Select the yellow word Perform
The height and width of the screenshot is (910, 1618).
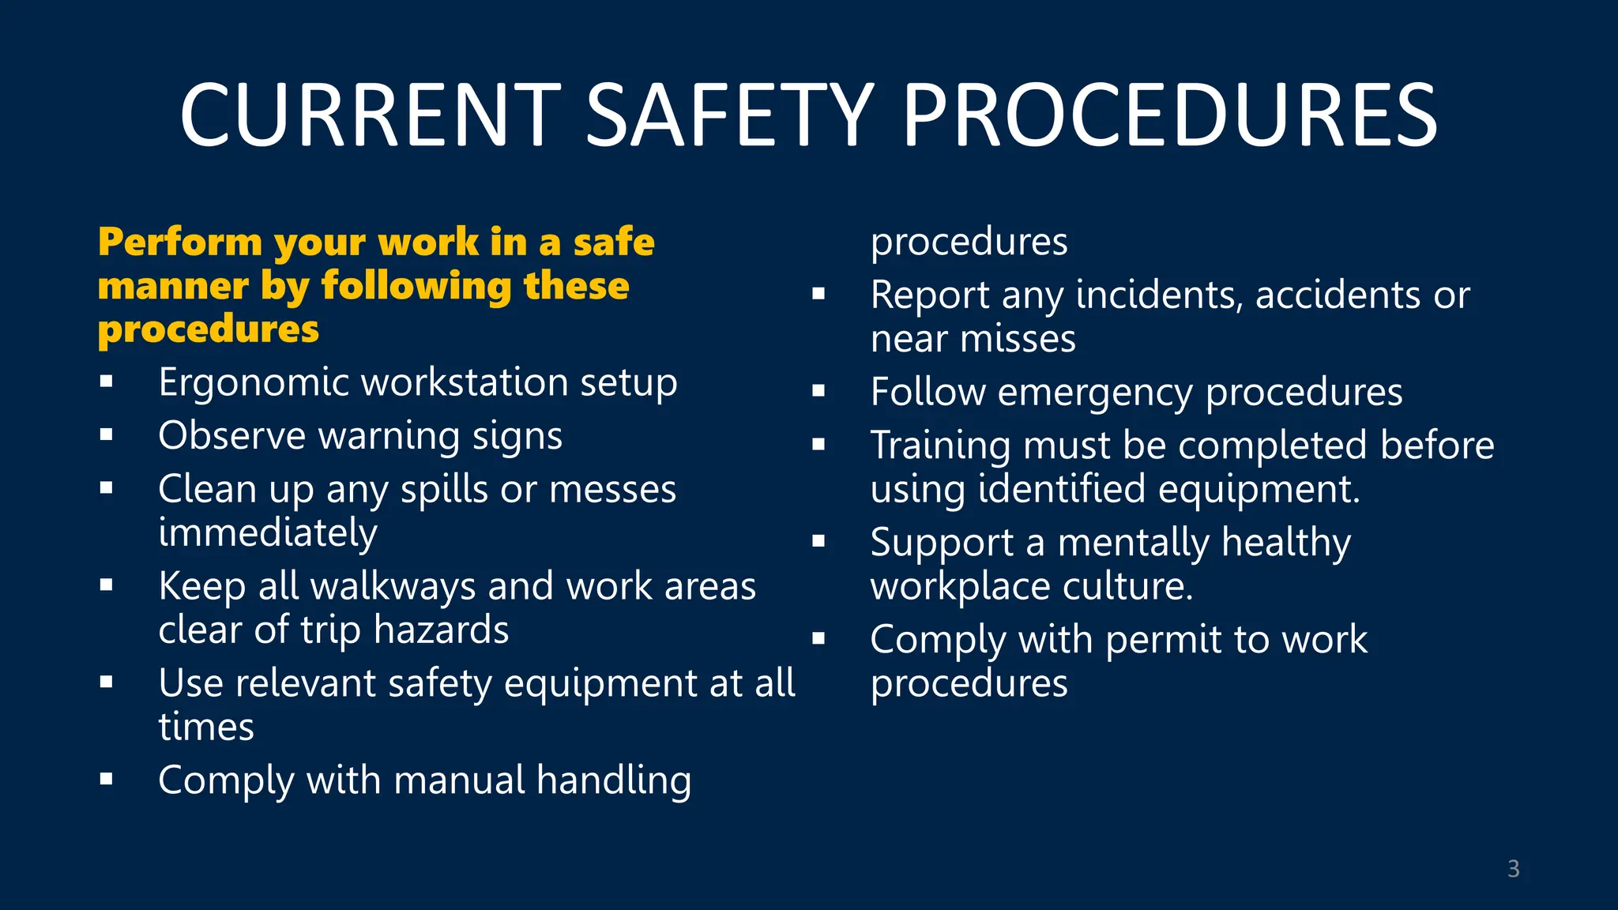click(x=179, y=243)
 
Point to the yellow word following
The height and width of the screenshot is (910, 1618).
click(x=416, y=287)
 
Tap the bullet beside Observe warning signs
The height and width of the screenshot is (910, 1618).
click(x=107, y=434)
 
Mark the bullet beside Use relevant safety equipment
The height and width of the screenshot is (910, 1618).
click(x=107, y=682)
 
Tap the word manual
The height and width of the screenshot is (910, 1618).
click(x=459, y=781)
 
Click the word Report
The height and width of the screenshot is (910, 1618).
click(x=930, y=296)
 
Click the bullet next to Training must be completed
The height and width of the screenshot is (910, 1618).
click(x=818, y=445)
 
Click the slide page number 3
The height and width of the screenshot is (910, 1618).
click(x=1513, y=869)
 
